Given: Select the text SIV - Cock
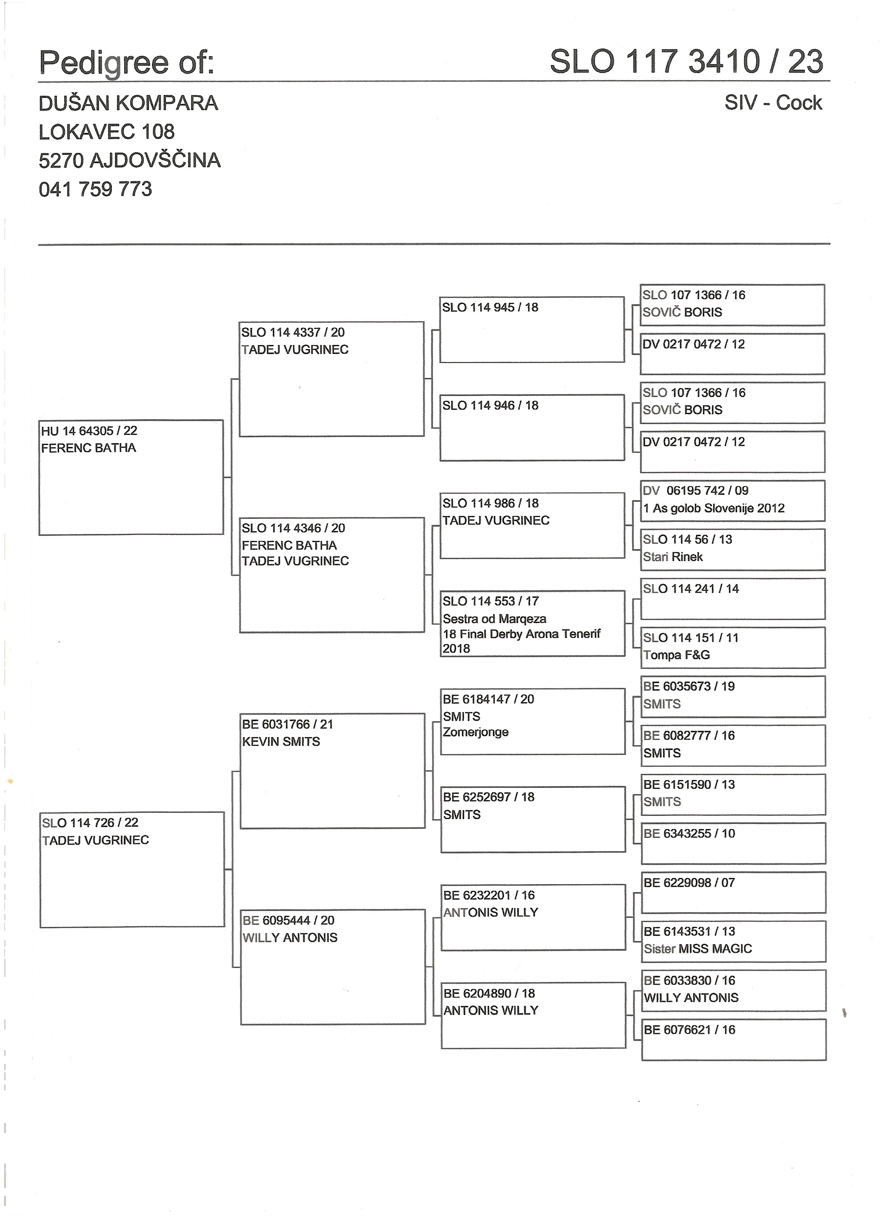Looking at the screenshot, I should point(773,102).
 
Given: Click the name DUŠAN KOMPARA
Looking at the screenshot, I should point(128,103).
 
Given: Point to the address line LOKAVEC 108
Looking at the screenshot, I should point(106,132).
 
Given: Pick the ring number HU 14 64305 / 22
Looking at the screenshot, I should point(89,431).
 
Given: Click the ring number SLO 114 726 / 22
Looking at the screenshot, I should point(90,822).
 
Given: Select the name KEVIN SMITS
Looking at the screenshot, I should point(281,742).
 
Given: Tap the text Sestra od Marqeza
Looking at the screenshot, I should point(494,619).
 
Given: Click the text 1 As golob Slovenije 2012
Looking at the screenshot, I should point(714,508).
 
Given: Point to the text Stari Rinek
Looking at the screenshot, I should point(673,557).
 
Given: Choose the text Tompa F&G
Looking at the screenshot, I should point(676,655).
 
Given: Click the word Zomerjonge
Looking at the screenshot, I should point(476,732).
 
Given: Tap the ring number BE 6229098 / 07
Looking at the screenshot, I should point(689,883).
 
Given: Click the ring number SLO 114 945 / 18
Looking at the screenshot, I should point(490,307).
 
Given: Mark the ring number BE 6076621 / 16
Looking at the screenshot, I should point(689,1029).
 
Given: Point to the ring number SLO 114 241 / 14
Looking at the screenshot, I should point(690,589).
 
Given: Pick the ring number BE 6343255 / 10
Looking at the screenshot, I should point(689,834).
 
